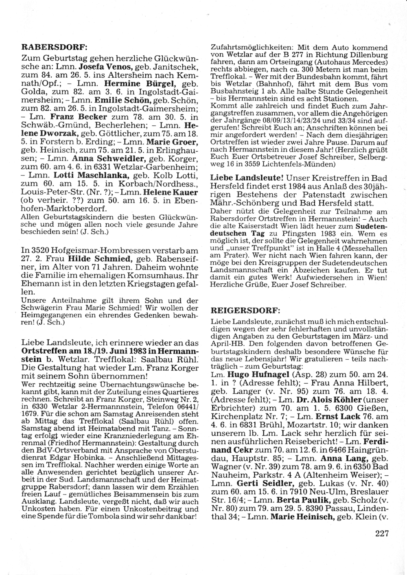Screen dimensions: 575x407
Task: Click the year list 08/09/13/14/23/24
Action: (292, 121)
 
